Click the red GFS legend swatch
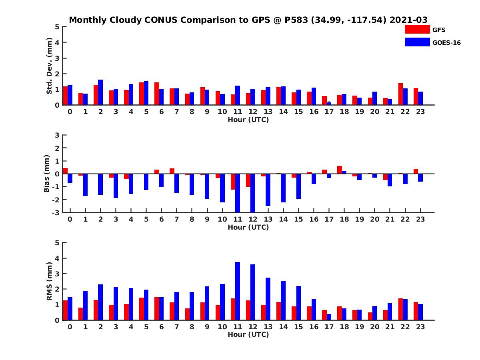417,29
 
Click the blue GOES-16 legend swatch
417,42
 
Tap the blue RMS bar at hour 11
238,291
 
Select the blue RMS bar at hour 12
253,292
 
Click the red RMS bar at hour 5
142,308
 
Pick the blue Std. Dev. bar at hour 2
100,92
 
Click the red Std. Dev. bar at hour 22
401,94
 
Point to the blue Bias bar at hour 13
268,190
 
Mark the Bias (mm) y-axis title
47,174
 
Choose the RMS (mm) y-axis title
49,281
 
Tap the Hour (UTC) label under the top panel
248,119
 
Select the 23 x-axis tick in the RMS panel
420,326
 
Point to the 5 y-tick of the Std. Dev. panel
57,27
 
